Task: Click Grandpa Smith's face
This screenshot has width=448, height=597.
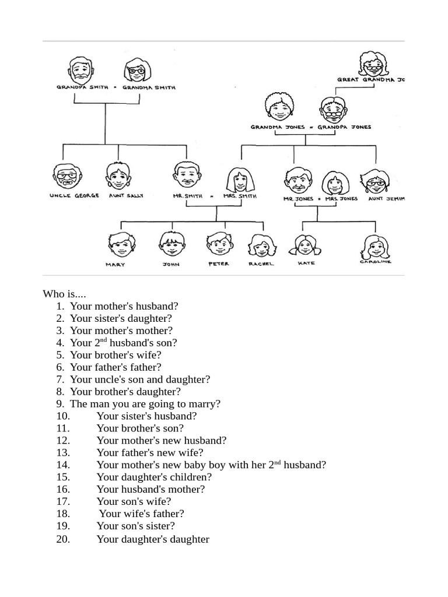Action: click(80, 71)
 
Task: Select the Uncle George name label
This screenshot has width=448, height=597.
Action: click(74, 196)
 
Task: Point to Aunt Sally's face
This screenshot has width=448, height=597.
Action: click(118, 175)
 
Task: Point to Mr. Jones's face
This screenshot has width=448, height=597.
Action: click(298, 181)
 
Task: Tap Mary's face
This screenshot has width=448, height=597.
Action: click(121, 245)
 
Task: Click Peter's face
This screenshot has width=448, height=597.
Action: click(219, 244)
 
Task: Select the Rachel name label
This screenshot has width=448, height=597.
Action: click(261, 264)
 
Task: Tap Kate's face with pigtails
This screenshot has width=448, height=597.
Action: click(304, 245)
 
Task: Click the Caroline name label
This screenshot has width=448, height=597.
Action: click(375, 262)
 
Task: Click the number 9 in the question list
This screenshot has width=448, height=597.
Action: click(60, 403)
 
